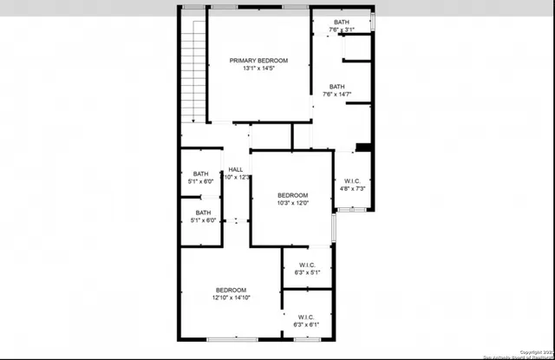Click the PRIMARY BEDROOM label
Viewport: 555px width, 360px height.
[258, 61]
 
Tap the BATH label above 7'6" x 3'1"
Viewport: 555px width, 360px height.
[342, 22]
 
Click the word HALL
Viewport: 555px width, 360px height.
[235, 169]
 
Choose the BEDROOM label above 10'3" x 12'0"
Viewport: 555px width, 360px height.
[293, 195]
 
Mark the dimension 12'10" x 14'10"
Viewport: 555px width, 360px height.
[232, 298]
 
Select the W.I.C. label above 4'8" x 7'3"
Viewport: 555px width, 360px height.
[354, 180]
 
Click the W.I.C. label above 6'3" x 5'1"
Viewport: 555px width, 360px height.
[307, 265]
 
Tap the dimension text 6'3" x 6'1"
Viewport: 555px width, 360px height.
[307, 324]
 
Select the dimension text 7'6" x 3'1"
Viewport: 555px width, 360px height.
[342, 29]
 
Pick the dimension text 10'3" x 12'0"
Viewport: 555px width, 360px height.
[293, 204]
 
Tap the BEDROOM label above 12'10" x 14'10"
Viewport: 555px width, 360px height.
[232, 290]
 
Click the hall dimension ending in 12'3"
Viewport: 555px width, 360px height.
[237, 177]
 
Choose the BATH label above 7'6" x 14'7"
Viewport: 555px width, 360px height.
[337, 87]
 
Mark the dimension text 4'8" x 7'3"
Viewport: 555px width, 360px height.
[354, 188]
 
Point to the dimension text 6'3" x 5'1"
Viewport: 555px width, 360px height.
[307, 272]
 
